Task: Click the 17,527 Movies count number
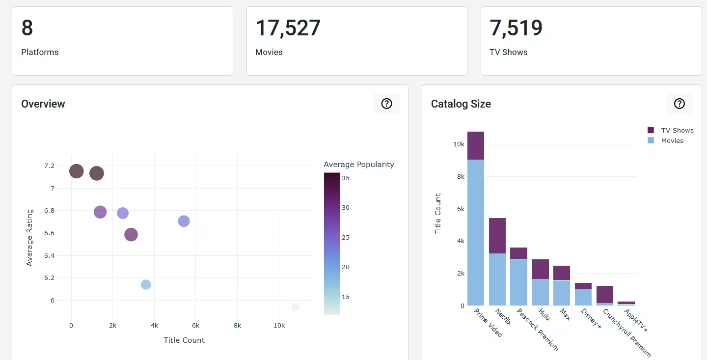[288, 28]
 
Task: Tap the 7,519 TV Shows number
[516, 28]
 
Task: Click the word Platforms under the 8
[40, 52]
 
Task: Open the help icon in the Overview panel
[386, 104]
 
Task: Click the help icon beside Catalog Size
[679, 104]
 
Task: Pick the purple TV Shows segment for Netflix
[497, 236]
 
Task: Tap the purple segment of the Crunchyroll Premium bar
[605, 294]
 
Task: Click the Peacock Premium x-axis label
[538, 330]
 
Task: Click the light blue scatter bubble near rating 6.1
[146, 284]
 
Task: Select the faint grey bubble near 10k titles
[295, 307]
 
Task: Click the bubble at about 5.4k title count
[184, 221]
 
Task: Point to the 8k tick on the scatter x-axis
[237, 325]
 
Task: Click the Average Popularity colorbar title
[359, 165]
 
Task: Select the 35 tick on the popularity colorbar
[346, 178]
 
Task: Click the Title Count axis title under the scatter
[184, 340]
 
